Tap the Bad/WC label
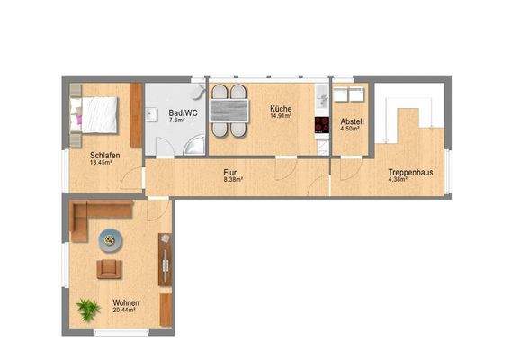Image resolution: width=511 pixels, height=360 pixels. coord(178,112)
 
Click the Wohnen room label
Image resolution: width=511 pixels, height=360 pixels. coord(125,303)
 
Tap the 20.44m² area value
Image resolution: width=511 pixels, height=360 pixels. coord(125,310)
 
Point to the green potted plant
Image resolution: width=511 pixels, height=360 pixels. coord(88,310)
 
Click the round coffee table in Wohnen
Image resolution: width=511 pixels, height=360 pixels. coord(112,239)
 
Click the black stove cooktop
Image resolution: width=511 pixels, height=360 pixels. coord(320,124)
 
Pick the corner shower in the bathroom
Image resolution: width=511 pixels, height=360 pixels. coord(194,144)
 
